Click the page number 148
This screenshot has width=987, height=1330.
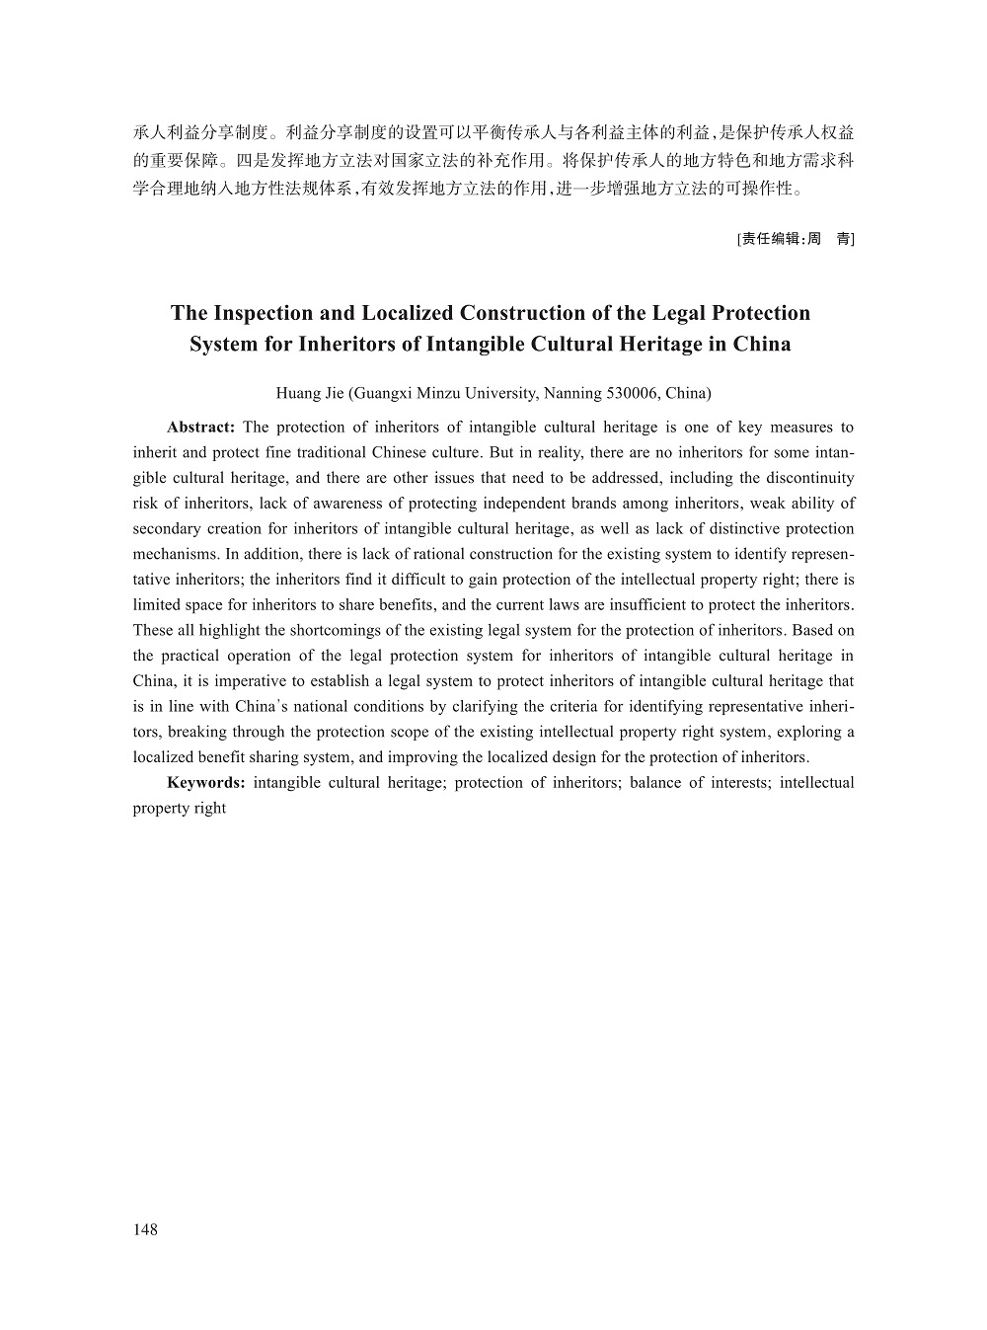145,1229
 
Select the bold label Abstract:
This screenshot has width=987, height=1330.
200,428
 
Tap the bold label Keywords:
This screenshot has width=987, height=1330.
206,783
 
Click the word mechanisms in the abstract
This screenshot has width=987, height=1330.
174,555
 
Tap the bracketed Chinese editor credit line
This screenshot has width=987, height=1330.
796,238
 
